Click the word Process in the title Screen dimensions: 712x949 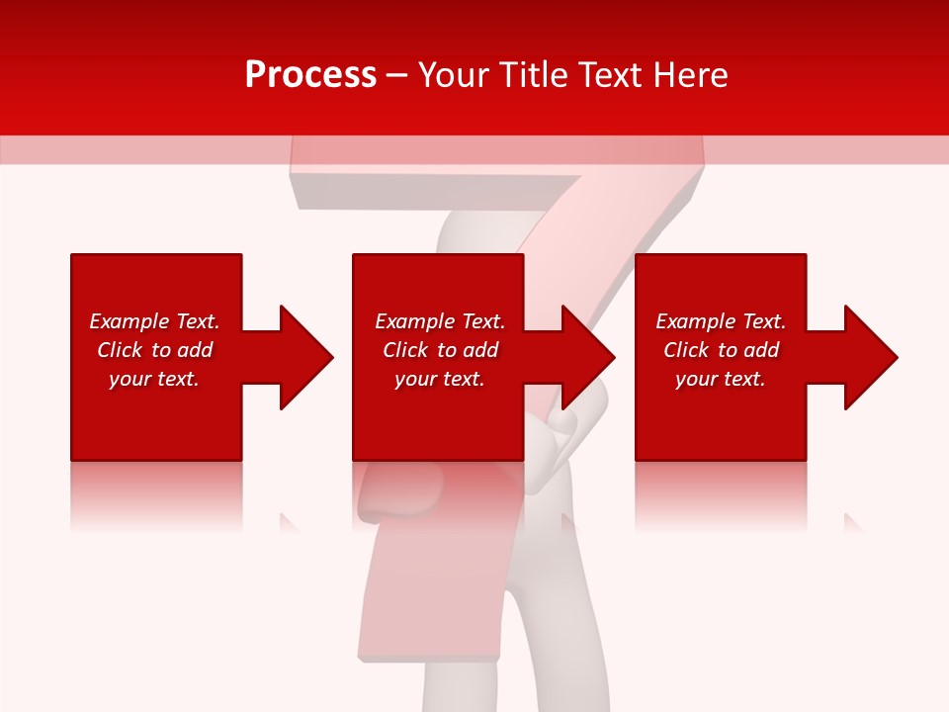(x=310, y=75)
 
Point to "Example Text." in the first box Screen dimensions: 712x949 (x=154, y=321)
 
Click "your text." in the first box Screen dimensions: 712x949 (x=154, y=379)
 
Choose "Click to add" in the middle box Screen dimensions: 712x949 (x=440, y=350)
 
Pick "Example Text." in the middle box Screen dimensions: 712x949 (x=440, y=321)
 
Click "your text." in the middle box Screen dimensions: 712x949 (x=440, y=379)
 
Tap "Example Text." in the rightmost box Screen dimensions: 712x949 (x=721, y=321)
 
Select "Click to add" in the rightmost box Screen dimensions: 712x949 (x=721, y=350)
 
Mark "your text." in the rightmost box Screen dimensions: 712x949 (x=721, y=379)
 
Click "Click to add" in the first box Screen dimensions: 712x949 (x=154, y=350)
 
